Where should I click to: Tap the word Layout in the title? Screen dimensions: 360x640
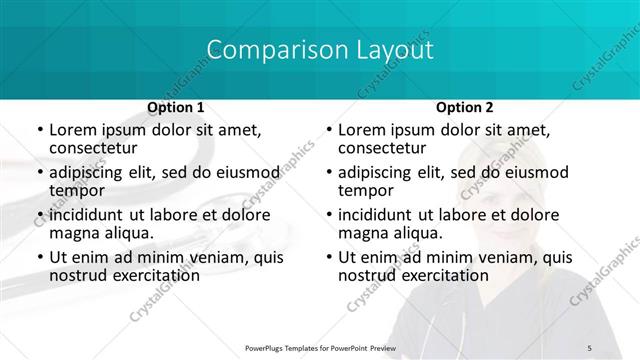384,50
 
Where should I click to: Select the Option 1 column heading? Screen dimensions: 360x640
176,107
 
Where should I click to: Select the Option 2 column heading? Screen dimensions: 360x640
465,107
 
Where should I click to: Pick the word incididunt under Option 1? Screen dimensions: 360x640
87,215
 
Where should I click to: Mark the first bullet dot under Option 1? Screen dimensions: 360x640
39,131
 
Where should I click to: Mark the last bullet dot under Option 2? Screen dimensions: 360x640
328,258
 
